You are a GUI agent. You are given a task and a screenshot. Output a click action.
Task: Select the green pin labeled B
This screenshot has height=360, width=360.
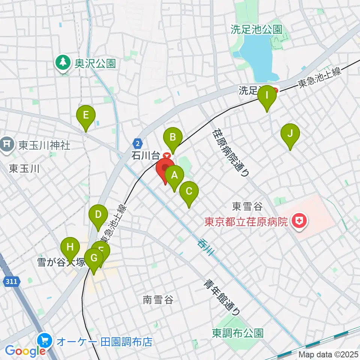pyautogui.click(x=172, y=137)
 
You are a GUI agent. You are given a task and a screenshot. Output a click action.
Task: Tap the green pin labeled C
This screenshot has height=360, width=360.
pyautogui.click(x=189, y=192)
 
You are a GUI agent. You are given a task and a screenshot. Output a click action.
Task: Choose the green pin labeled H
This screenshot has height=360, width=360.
pyautogui.click(x=70, y=247)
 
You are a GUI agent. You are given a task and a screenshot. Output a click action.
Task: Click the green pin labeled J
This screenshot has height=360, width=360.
pyautogui.click(x=290, y=133)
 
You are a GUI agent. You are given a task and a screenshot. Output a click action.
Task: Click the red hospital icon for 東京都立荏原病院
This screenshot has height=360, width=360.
pyautogui.click(x=300, y=221)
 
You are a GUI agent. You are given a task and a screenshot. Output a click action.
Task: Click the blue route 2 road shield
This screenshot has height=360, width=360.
pyautogui.click(x=138, y=143)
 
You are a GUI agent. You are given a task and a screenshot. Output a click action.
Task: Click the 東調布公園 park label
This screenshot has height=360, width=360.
pyautogui.click(x=237, y=333)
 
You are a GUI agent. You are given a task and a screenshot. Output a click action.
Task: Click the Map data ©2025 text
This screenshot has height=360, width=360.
pyautogui.click(x=328, y=354)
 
